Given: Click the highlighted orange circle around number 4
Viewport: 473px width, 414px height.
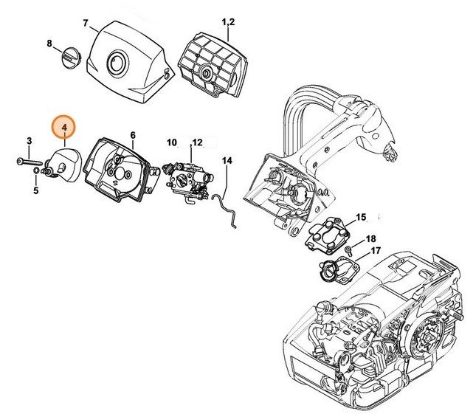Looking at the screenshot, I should [x=65, y=128].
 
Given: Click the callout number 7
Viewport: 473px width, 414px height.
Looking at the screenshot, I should [x=86, y=23].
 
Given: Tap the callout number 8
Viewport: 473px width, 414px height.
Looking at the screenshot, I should [x=50, y=44].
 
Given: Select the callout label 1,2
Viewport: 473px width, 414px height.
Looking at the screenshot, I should [x=227, y=23].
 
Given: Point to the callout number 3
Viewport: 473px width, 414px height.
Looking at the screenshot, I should [x=30, y=140].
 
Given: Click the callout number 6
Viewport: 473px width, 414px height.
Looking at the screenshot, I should [x=133, y=135].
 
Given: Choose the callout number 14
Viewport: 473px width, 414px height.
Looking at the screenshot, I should [x=227, y=160].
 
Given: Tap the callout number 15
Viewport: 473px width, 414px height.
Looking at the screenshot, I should [x=361, y=216].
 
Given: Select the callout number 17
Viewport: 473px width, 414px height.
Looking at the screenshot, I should [x=376, y=251].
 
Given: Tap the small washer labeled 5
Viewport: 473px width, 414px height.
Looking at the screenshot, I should [x=36, y=175].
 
